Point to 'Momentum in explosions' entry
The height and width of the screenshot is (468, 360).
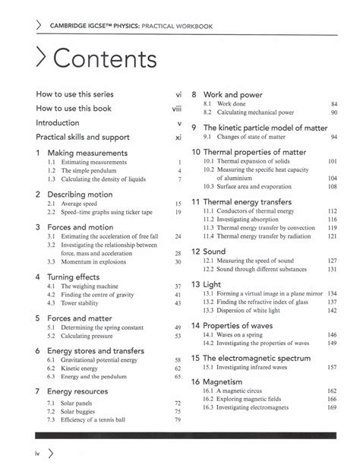90,261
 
